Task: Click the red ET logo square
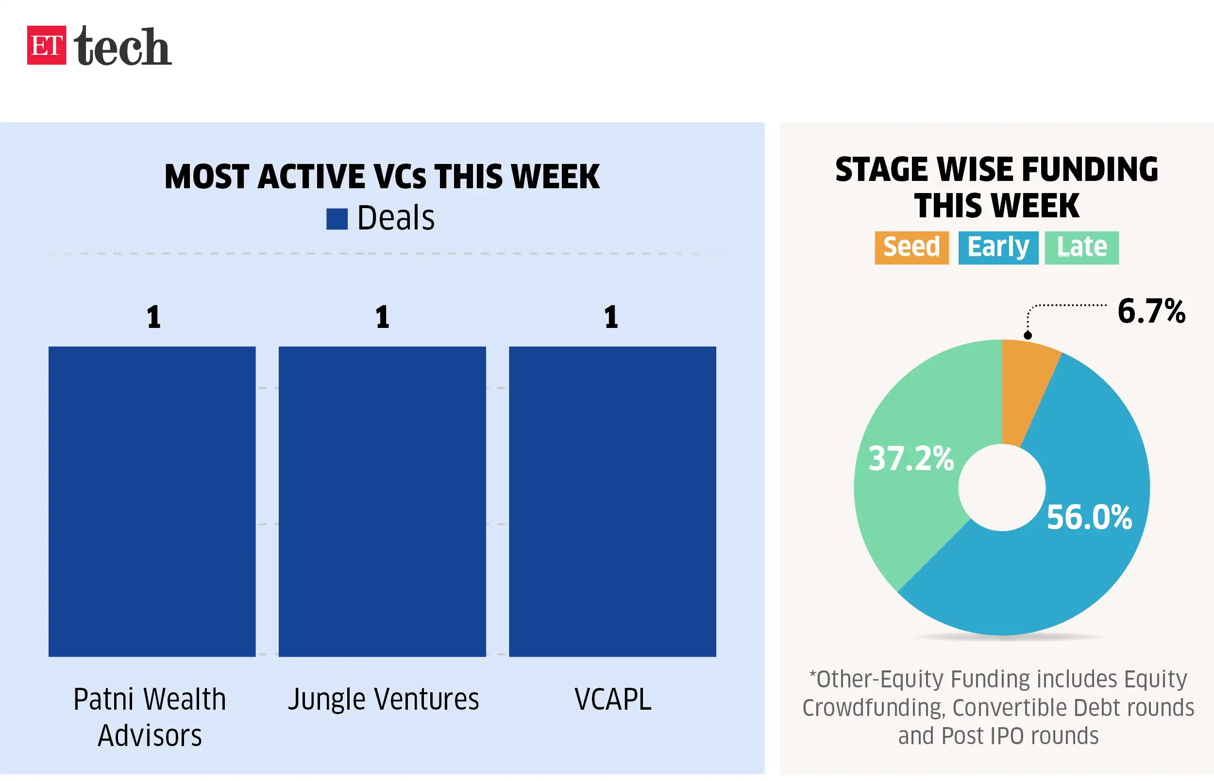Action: [x=46, y=45]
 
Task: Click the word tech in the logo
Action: [x=122, y=46]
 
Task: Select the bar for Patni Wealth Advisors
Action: [x=152, y=501]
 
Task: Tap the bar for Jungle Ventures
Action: [x=382, y=501]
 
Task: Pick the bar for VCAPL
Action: [x=612, y=501]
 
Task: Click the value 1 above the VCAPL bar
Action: [x=611, y=317]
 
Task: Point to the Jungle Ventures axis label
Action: [x=383, y=700]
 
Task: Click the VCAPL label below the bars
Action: [x=612, y=700]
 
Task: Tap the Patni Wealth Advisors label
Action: [x=150, y=717]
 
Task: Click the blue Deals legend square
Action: [x=337, y=219]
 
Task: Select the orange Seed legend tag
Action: [x=911, y=247]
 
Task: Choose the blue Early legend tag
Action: [x=998, y=247]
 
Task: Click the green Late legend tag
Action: [x=1081, y=247]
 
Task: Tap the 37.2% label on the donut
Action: [x=911, y=458]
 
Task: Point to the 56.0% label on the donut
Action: [x=1089, y=517]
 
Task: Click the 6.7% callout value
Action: [x=1151, y=311]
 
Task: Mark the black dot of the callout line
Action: [x=1028, y=335]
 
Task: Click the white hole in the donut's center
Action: [x=1002, y=488]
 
